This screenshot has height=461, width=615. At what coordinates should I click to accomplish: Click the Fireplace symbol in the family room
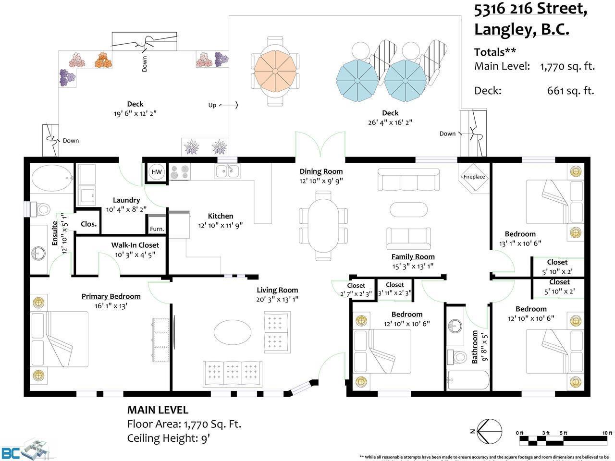(474, 177)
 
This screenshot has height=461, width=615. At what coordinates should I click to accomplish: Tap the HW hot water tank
(157, 172)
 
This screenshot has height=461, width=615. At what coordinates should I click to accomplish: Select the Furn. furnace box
(157, 229)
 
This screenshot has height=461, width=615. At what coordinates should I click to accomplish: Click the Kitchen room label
(221, 216)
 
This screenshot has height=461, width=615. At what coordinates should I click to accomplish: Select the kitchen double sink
(227, 171)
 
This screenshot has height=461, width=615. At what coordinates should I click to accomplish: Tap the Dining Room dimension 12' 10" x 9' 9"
(321, 181)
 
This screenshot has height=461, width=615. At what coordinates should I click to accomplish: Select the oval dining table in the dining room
(322, 225)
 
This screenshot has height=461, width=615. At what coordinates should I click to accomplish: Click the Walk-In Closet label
(135, 245)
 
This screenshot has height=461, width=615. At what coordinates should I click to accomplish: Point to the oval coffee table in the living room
(232, 331)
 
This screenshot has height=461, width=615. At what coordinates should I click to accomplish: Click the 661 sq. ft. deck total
(570, 90)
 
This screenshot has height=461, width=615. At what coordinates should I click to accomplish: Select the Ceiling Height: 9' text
(169, 438)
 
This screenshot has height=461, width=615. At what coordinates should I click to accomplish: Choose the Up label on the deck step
(212, 105)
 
